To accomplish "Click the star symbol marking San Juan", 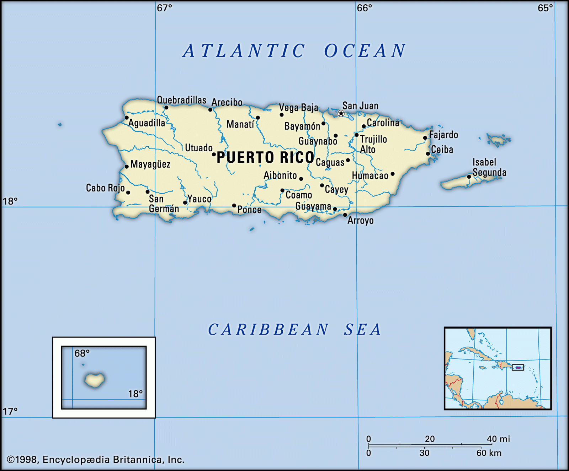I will pos(341,114).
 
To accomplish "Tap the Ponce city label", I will pos(249,210).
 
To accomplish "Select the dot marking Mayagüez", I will pos(127,167).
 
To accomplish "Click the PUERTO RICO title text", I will pos(265,158).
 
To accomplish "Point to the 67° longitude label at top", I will pos(164,8).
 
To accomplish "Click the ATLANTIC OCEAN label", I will pos(294,50).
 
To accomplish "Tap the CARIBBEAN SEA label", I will pos(294,330).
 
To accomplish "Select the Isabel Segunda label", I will pos(489,167).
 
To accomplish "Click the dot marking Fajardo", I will pos(425,138).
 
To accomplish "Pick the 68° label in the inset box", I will pos(82,353).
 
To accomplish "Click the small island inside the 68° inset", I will pos(95,380).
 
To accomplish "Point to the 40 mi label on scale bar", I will pos(498,439).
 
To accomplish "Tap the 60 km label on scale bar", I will pos(489,453).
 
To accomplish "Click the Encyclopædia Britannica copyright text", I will pos(96,460).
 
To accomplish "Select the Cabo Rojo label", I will pos(105,188).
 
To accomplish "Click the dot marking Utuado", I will pos(214,154).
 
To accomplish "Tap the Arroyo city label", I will pos(360,221).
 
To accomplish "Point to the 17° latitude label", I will pos(10,411).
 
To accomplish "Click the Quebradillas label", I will pos(181,100).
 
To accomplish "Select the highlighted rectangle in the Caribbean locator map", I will pos(518,367).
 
